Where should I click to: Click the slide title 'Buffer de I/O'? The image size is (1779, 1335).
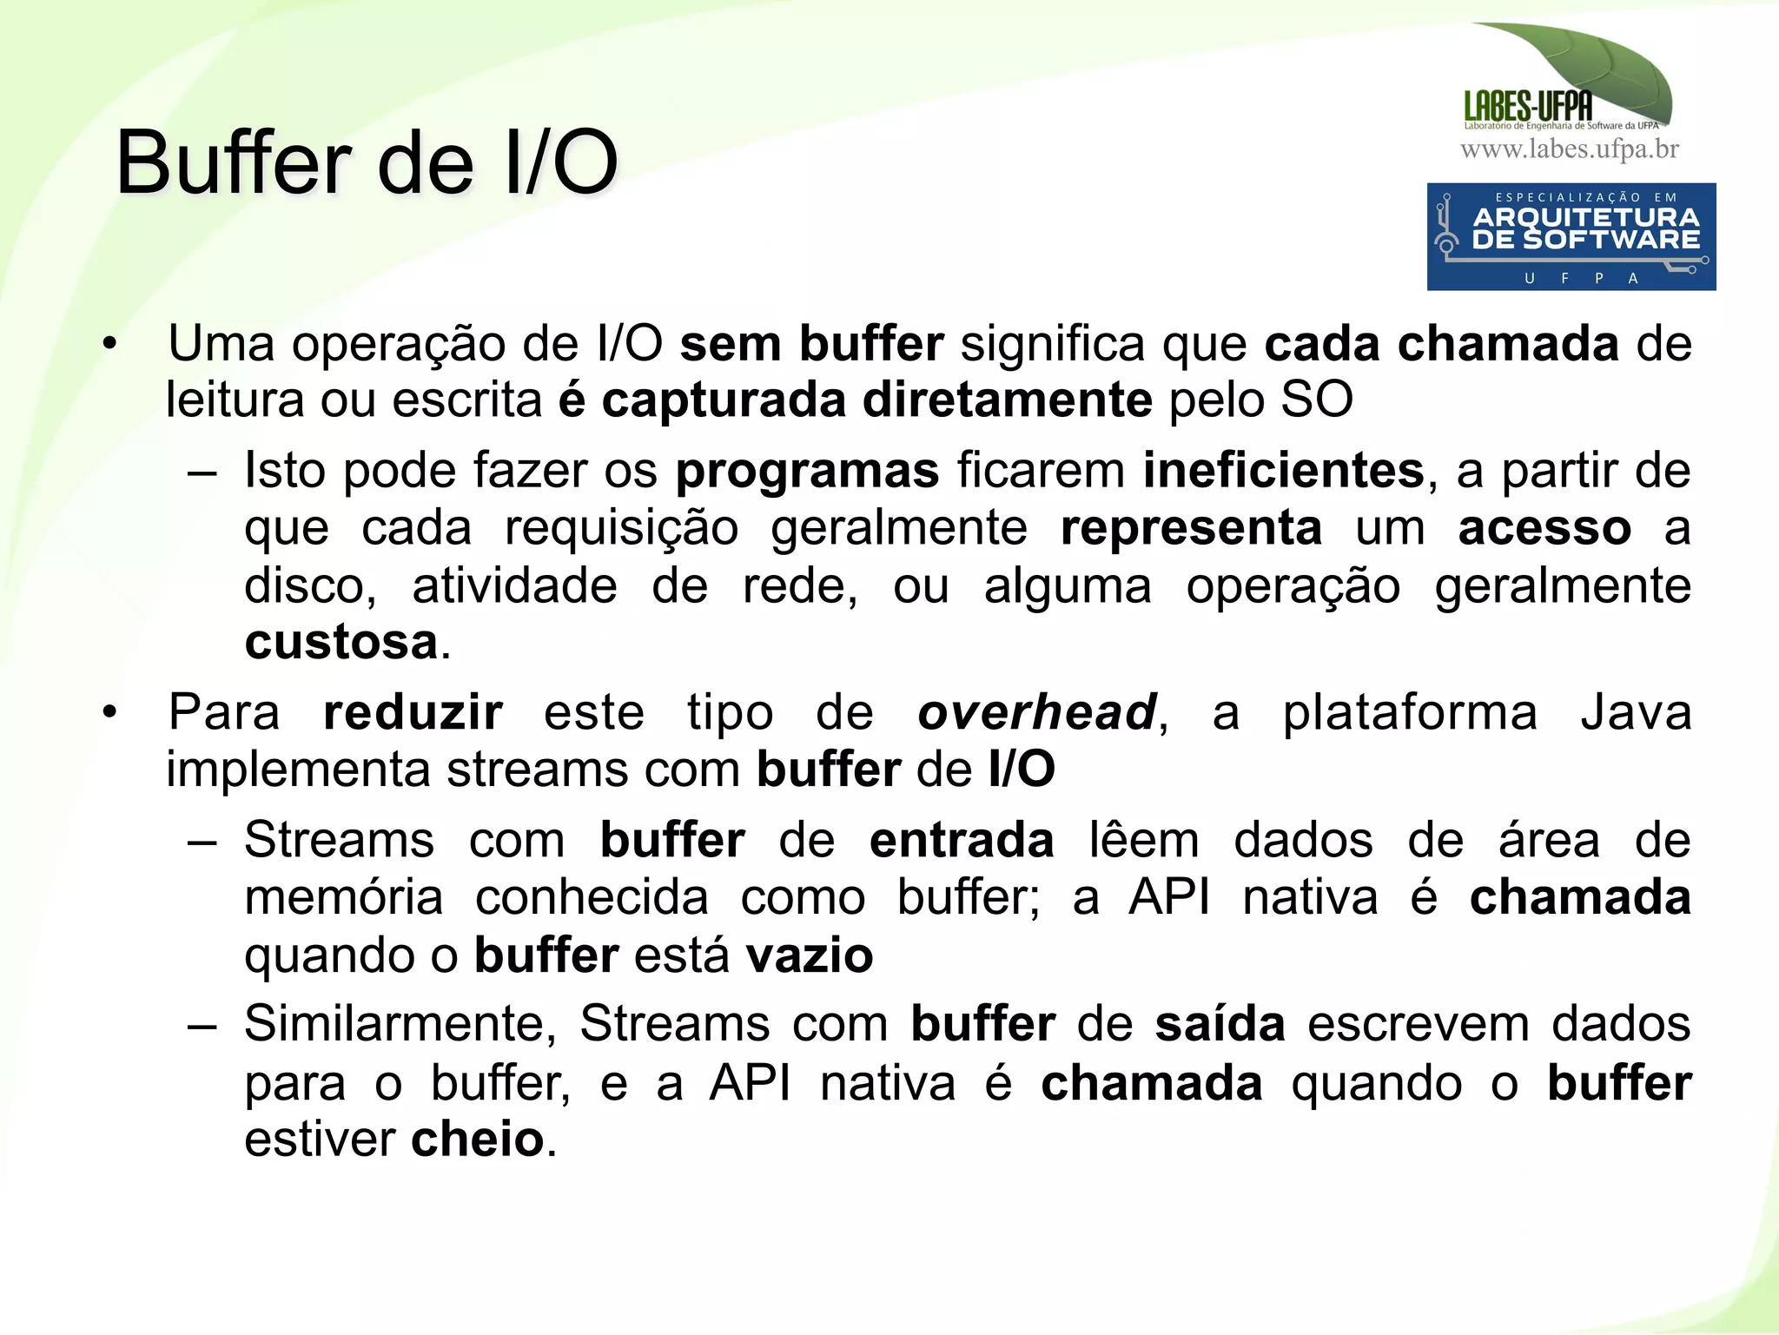click(x=367, y=163)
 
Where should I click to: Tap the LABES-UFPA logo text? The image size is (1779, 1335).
click(x=1528, y=107)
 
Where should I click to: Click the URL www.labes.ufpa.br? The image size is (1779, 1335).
click(x=1570, y=149)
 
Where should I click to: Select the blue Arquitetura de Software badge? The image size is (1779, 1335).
click(x=1571, y=236)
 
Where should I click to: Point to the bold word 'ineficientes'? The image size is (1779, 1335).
click(x=1283, y=471)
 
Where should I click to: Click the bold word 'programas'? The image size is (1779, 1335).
click(x=807, y=471)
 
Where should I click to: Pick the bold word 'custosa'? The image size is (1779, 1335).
click(x=341, y=642)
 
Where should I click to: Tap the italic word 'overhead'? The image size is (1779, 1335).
click(x=1037, y=713)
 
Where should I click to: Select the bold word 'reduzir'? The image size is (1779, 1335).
click(x=413, y=713)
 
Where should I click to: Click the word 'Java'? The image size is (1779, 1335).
click(x=1636, y=713)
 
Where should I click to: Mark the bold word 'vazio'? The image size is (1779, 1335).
click(x=810, y=955)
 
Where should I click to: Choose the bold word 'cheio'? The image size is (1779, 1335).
click(x=477, y=1139)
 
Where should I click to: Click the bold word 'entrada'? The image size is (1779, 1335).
click(x=962, y=840)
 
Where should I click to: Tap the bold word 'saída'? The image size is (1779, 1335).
click(x=1220, y=1023)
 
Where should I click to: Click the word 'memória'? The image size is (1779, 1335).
click(x=344, y=897)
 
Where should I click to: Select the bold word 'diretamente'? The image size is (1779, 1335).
click(x=1008, y=400)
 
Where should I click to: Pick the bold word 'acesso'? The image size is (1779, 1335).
click(x=1544, y=528)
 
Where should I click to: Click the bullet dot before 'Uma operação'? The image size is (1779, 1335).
click(x=109, y=345)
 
